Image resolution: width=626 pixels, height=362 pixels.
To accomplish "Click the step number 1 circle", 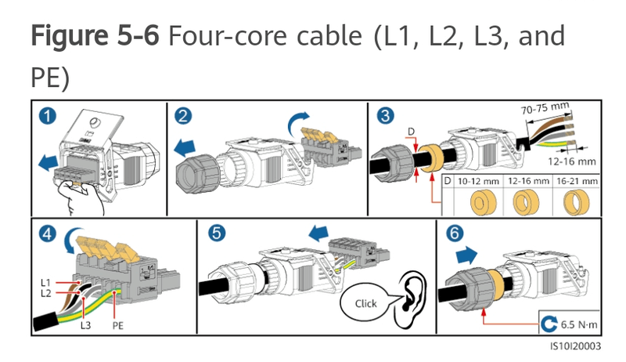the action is click(48, 116).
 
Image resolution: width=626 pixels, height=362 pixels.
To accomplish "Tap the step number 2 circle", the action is click(183, 116).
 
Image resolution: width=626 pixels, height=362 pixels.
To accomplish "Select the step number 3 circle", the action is click(385, 115).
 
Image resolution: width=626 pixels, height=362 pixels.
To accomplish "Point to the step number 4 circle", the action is click(48, 233).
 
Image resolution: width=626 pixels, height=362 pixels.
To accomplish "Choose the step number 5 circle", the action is click(217, 233).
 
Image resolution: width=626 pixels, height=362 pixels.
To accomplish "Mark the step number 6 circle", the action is click(455, 233).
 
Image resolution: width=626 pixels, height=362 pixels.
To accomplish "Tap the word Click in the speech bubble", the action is click(365, 304).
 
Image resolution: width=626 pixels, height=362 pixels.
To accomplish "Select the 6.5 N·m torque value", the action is click(579, 324).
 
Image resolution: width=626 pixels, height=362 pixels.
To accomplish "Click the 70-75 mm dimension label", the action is click(545, 108).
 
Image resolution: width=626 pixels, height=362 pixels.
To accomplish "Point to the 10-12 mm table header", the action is click(478, 182).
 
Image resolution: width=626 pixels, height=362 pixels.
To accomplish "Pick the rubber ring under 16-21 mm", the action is click(576, 202).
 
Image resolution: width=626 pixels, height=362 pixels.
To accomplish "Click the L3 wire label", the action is click(85, 325).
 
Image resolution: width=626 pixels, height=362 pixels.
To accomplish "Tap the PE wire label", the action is click(118, 326).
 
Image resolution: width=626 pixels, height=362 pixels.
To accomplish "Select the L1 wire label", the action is click(45, 283).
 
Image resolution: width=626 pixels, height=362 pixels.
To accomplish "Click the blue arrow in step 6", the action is click(466, 255).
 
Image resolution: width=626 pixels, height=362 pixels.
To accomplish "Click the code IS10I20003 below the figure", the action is click(576, 346).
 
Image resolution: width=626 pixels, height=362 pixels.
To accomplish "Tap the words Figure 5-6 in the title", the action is click(95, 36).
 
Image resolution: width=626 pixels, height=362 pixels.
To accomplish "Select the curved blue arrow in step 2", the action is click(297, 122).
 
